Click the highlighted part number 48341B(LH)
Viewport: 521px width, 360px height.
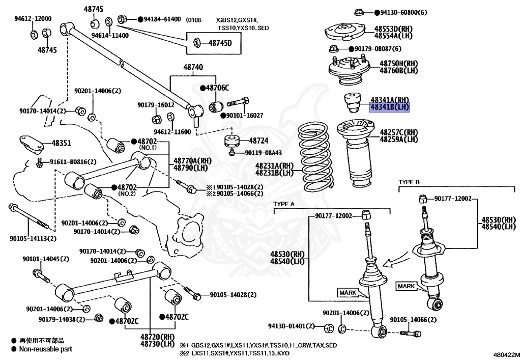pos(389,107)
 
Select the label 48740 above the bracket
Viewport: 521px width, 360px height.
pos(193,67)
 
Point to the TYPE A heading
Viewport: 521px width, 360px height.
pos(284,204)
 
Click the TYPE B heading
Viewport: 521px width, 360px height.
pos(409,182)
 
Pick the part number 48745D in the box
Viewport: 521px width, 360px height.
pos(220,42)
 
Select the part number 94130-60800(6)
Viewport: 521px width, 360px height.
pos(400,12)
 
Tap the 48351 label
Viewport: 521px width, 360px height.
pos(61,144)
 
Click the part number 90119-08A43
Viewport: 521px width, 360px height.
pos(263,152)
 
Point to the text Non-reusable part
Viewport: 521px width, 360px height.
pos(45,349)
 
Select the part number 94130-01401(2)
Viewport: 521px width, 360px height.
pos(292,326)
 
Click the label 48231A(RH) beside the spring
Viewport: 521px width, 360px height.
pos(274,166)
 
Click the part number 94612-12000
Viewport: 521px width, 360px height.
pos(33,18)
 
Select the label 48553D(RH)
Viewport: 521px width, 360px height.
pos(396,29)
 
